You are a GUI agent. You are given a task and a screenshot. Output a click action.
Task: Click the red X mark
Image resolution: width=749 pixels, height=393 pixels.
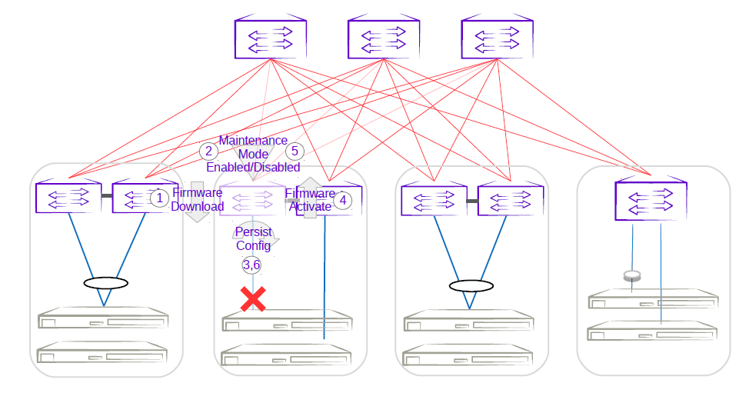click(x=253, y=299)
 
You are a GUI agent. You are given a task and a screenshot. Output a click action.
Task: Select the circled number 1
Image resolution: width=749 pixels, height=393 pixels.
click(x=158, y=198)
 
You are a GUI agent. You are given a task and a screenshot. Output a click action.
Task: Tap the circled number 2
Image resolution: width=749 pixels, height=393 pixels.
click(x=208, y=152)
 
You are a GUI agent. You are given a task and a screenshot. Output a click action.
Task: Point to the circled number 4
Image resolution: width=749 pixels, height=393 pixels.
click(x=343, y=200)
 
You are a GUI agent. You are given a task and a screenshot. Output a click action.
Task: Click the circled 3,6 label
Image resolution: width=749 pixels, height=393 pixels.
click(x=251, y=265)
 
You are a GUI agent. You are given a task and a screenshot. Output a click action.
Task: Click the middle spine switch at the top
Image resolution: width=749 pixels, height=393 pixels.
click(x=384, y=39)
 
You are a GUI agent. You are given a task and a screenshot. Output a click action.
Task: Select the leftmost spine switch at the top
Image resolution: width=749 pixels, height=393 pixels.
click(x=271, y=39)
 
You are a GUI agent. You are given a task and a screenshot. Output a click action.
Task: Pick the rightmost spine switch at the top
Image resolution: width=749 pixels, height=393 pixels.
click(x=498, y=39)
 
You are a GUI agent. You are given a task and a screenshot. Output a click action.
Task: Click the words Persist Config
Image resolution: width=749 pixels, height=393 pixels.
click(x=253, y=238)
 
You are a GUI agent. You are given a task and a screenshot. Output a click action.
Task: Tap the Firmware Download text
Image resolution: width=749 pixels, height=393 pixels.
click(x=197, y=200)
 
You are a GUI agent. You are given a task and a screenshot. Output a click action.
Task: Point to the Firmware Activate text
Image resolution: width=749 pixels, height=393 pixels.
click(x=310, y=200)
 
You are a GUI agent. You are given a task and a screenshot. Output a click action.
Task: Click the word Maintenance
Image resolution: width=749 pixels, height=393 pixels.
click(x=253, y=141)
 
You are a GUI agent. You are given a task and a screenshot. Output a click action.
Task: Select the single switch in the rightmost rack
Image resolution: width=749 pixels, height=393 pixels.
click(x=651, y=201)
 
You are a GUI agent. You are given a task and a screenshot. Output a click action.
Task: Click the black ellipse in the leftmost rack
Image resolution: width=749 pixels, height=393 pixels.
click(x=105, y=283)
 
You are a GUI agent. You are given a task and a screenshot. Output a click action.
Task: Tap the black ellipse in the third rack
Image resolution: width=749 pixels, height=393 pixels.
click(x=471, y=286)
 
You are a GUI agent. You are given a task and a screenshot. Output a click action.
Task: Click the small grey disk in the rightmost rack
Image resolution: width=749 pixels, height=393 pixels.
click(x=632, y=275)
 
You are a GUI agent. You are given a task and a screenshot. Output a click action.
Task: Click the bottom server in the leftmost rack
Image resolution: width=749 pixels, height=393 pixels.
click(x=103, y=355)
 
